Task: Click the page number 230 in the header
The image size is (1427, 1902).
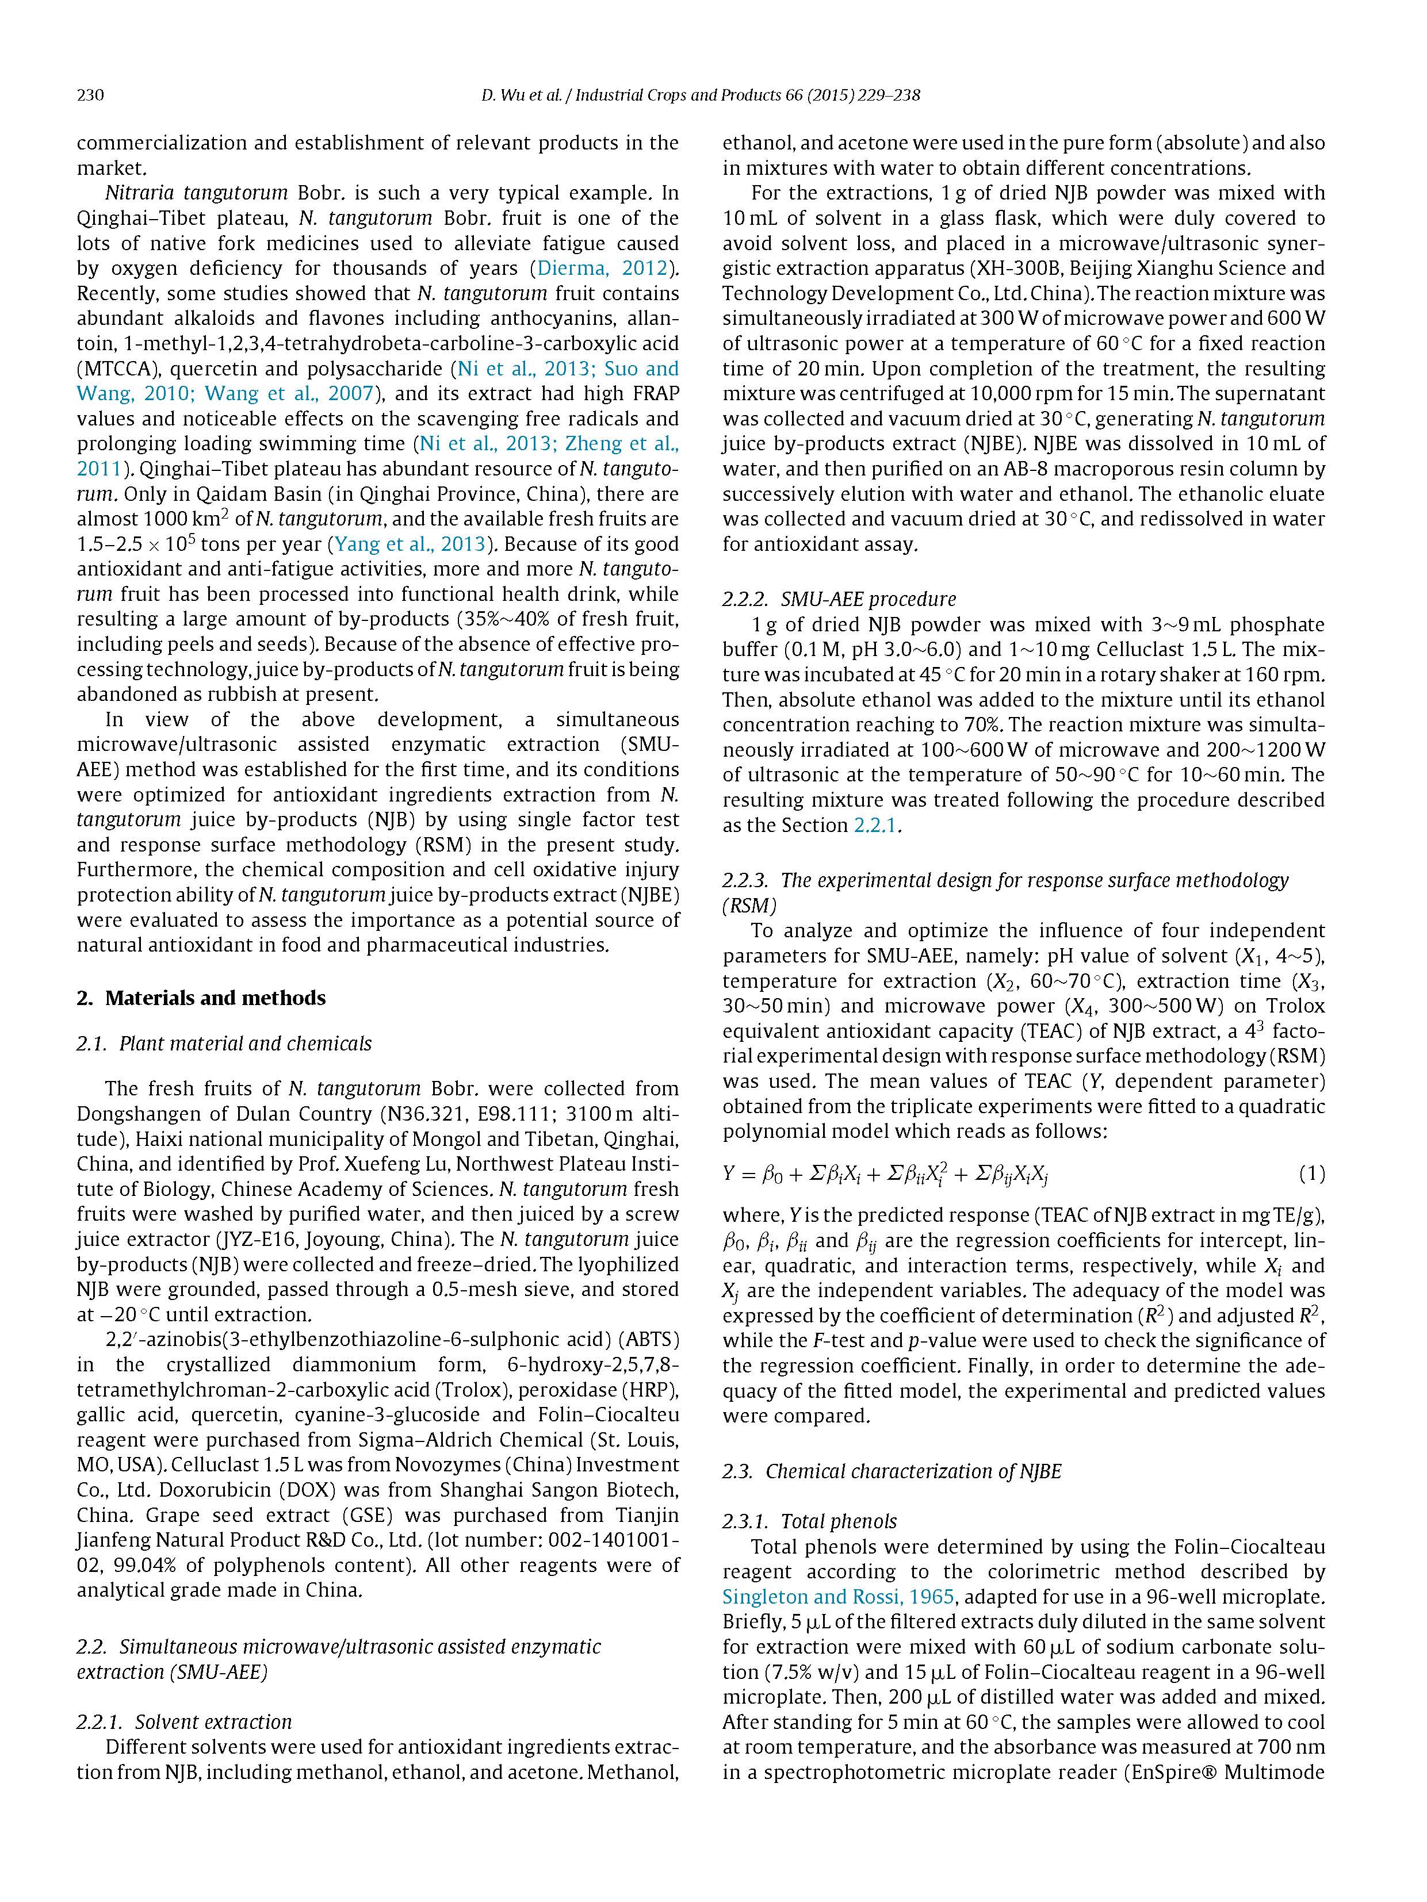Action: [x=90, y=95]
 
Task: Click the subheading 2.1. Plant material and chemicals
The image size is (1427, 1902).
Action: [x=224, y=1044]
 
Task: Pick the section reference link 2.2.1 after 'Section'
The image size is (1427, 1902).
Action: [x=875, y=826]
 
